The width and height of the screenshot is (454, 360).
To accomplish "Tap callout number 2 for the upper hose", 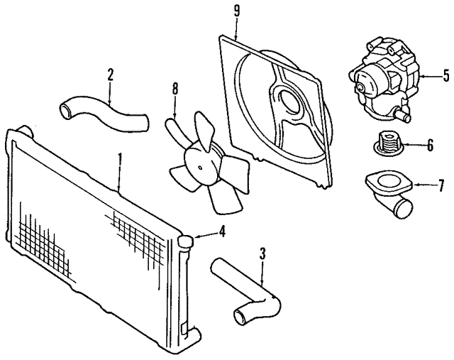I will [x=110, y=74].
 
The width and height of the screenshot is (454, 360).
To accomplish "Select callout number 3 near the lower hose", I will [x=262, y=252].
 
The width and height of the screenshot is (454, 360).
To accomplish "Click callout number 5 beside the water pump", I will [x=445, y=74].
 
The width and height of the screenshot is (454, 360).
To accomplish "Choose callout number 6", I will [x=429, y=146].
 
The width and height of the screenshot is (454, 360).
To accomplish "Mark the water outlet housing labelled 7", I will [x=387, y=192].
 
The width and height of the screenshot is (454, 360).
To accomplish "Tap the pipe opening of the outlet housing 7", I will [x=405, y=209].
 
